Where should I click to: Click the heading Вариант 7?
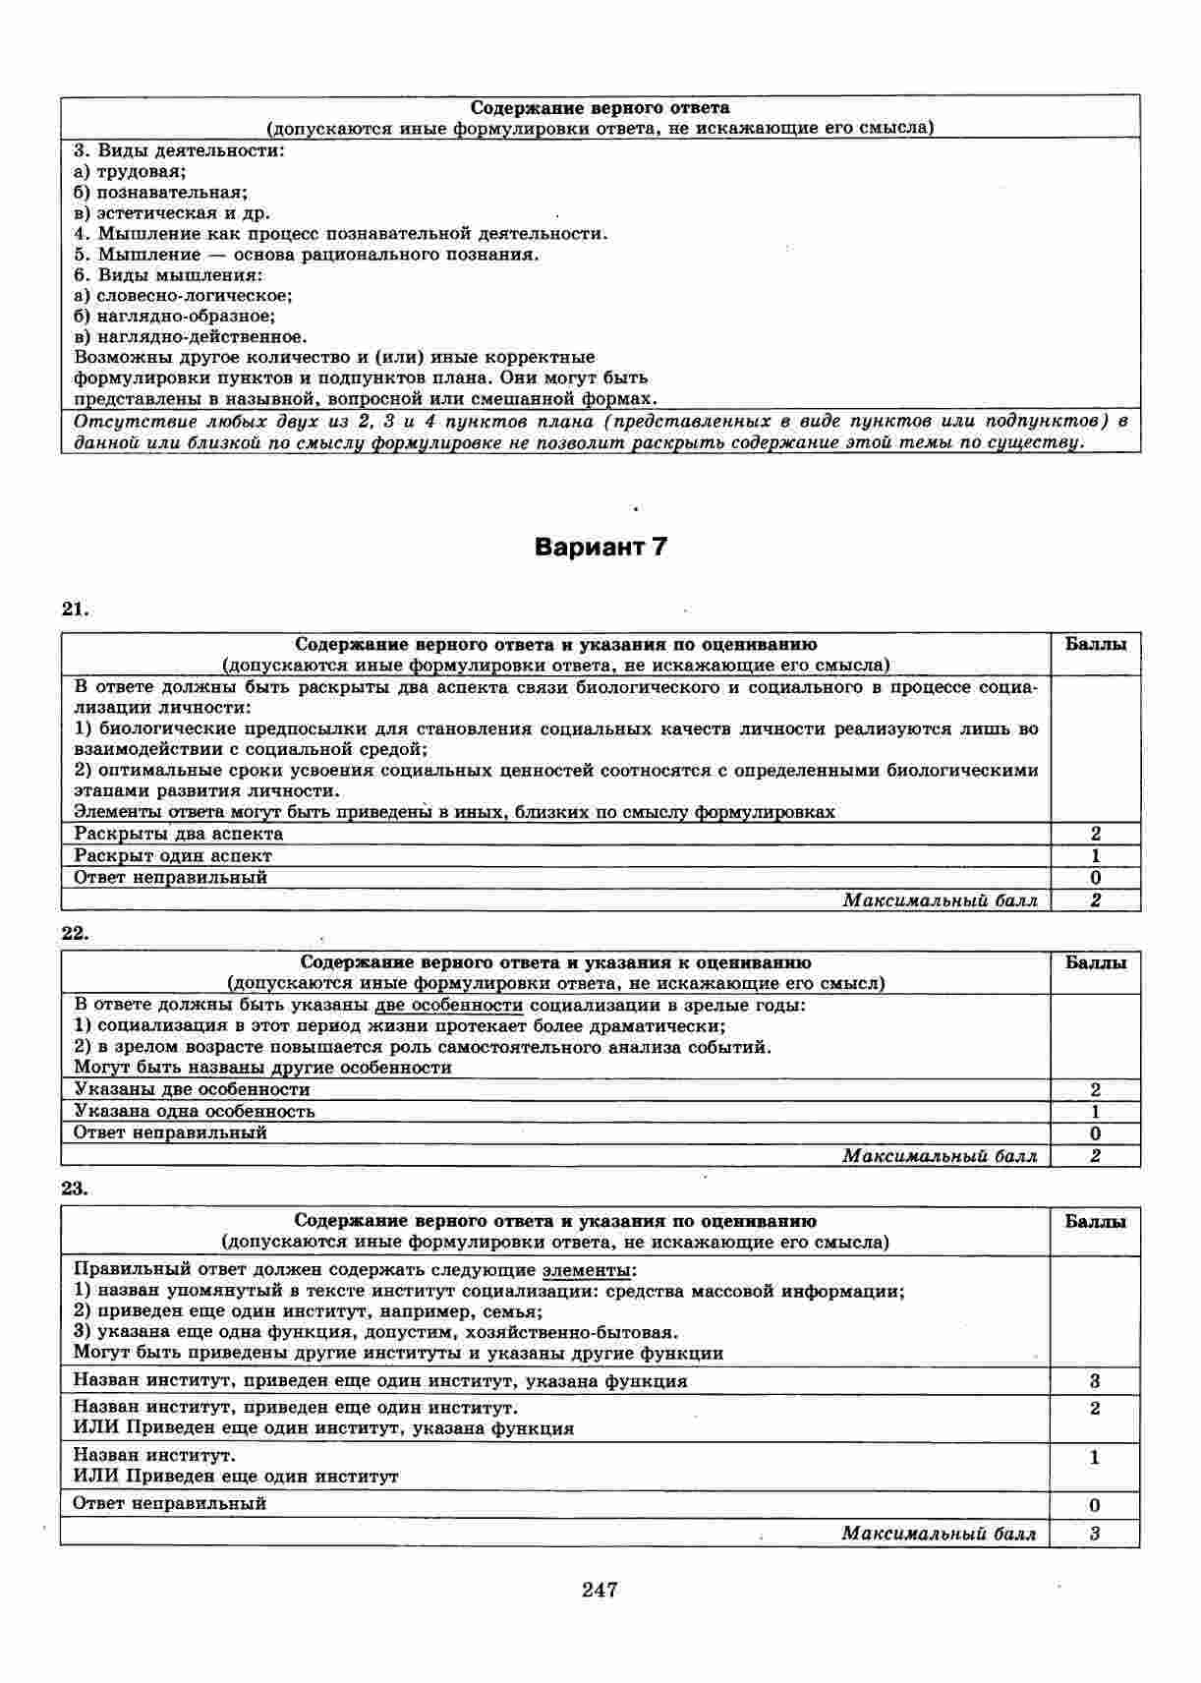tap(600, 548)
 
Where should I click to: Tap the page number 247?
tap(600, 1589)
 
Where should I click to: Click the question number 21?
tap(75, 609)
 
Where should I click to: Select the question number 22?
tap(75, 933)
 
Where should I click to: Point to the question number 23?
tap(75, 1188)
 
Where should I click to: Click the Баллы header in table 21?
tap(1096, 645)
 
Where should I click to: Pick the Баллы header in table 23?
tap(1096, 1221)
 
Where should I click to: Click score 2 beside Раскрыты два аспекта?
tap(1096, 835)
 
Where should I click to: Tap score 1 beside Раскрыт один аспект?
tap(1096, 856)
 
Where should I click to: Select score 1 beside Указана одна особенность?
tap(1096, 1112)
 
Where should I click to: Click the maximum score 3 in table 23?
tap(1095, 1534)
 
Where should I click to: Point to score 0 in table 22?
tap(1096, 1133)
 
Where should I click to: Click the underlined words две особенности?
tap(449, 1006)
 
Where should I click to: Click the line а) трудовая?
tap(131, 172)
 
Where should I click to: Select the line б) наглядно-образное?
tap(175, 317)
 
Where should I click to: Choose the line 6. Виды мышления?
tap(168, 275)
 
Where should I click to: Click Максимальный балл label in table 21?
tap(940, 900)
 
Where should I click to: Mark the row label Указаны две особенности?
tap(192, 1089)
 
